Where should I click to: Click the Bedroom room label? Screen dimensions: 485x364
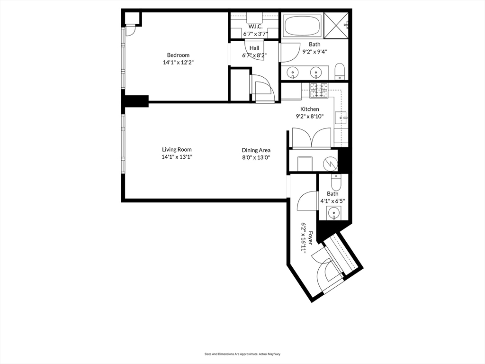[x=178, y=55]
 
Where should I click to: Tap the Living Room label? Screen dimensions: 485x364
[x=177, y=149]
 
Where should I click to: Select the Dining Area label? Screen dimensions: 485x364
[x=256, y=150]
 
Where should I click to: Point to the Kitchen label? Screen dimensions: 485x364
[x=310, y=109]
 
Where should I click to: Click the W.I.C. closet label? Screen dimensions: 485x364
[x=255, y=27]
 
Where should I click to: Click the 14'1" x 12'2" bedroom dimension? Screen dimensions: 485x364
[x=178, y=63]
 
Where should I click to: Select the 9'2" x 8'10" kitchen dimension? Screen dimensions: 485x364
[x=310, y=117]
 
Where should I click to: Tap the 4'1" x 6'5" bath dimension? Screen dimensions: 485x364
[x=332, y=201]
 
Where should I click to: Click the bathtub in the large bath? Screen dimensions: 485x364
[x=302, y=26]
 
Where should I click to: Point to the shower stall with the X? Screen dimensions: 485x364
[x=336, y=25]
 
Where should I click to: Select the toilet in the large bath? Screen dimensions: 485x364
[x=340, y=72]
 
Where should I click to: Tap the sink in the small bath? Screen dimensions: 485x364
[x=333, y=213]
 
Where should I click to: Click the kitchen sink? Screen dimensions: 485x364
[x=341, y=118]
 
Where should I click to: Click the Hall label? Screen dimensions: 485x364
[x=254, y=48]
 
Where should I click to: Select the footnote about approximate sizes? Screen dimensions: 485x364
[x=242, y=354]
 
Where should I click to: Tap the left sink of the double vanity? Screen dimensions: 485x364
[x=293, y=73]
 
